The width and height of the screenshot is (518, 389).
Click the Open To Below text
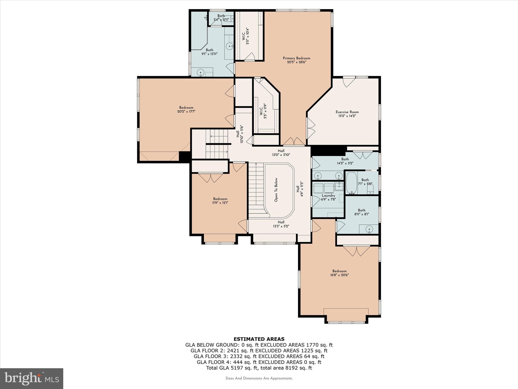(x=276, y=190)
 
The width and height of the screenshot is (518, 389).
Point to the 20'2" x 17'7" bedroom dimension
(x=186, y=111)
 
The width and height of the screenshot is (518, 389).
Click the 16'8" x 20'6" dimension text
(x=339, y=275)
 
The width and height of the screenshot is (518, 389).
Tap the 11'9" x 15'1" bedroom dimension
(x=220, y=203)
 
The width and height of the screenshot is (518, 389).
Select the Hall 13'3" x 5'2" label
(x=281, y=224)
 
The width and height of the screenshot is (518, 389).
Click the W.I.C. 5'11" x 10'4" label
(x=246, y=36)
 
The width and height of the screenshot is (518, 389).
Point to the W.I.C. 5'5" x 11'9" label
(x=263, y=111)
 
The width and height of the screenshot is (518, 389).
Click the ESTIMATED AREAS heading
(x=259, y=339)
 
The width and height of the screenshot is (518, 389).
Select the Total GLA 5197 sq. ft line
(x=259, y=368)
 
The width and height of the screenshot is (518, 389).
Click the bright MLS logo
(x=32, y=378)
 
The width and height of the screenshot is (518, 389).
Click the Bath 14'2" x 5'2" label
(x=345, y=161)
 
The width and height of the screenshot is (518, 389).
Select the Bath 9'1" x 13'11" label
(x=209, y=52)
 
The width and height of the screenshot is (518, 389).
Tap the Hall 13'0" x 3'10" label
(x=281, y=153)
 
